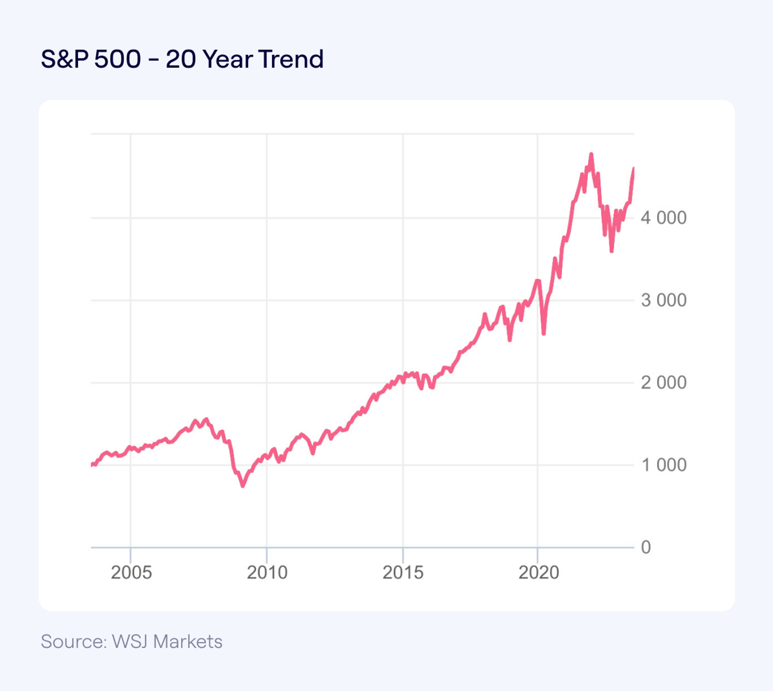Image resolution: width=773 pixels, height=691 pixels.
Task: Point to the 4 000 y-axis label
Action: [663, 218]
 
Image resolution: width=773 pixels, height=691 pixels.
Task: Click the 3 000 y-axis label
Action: [663, 300]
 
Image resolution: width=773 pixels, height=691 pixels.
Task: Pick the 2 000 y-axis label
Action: [663, 383]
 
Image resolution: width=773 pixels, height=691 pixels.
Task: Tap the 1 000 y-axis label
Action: [663, 465]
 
